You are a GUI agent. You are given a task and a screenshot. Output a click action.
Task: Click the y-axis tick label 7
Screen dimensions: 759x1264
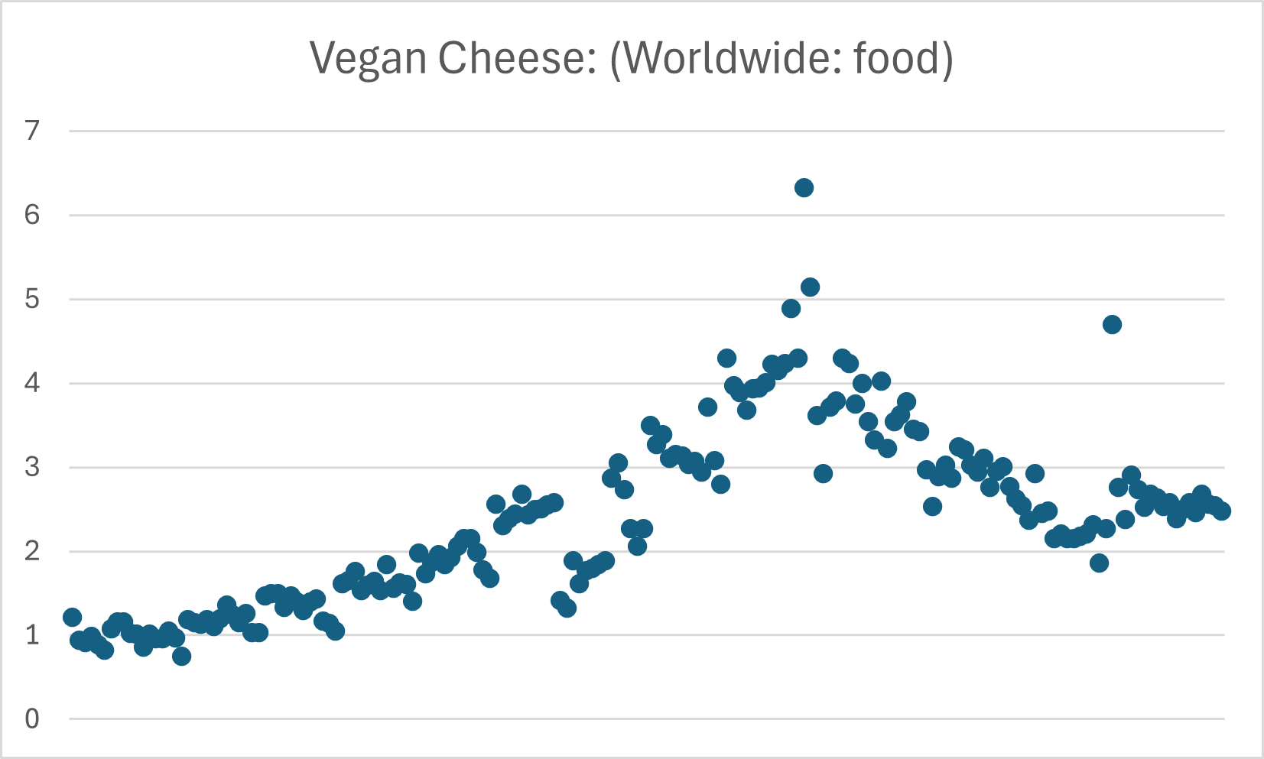31,131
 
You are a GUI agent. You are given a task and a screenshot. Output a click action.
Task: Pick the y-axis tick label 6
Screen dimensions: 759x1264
31,215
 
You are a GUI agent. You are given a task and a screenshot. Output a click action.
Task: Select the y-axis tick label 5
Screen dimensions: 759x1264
31,299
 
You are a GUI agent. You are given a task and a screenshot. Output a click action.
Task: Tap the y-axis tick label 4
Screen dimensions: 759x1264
31,383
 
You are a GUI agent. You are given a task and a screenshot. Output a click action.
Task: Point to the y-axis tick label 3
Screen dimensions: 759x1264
31,467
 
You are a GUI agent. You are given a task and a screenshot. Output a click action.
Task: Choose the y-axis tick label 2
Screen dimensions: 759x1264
31,551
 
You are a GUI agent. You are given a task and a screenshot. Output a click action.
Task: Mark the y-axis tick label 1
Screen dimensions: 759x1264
31,635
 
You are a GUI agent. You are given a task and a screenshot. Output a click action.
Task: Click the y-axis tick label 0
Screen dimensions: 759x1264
31,719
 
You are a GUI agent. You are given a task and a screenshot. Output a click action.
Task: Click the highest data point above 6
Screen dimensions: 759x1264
804,188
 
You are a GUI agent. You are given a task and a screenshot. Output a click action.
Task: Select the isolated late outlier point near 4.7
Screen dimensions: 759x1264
1112,324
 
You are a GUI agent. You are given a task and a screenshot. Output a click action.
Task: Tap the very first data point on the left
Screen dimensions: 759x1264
73,618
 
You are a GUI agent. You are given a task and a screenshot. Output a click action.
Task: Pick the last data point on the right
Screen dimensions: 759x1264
1221,511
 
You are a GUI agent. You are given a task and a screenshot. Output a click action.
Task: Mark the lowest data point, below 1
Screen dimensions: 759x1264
181,656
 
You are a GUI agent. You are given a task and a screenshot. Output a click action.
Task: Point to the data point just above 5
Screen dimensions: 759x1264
810,287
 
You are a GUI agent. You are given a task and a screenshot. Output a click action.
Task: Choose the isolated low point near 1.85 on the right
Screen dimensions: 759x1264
1099,563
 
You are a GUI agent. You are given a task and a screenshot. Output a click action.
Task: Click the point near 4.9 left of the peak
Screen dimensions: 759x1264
791,308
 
